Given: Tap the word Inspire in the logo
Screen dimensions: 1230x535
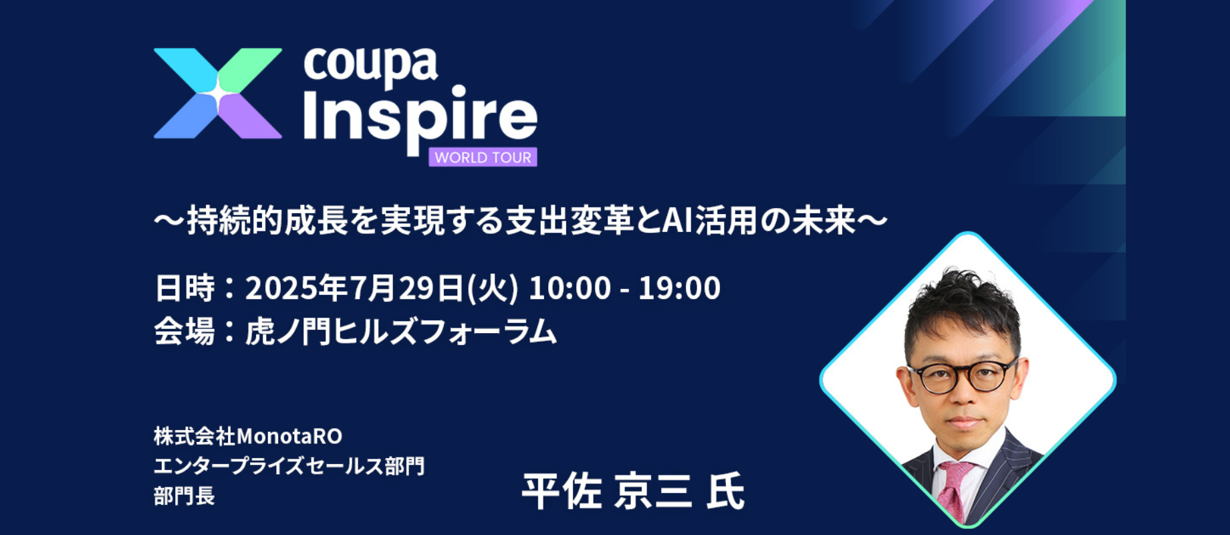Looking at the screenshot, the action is point(420,119).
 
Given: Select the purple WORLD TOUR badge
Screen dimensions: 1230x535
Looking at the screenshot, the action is point(483,157).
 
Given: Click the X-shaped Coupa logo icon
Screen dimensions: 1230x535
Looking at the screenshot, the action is point(218,93).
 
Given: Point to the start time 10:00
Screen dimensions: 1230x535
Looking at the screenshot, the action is point(570,288).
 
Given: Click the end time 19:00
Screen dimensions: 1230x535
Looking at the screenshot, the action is point(679,288).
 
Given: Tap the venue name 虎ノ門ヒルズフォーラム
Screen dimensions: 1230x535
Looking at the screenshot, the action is point(401,331).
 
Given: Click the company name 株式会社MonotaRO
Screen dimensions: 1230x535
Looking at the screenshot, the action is point(248,436).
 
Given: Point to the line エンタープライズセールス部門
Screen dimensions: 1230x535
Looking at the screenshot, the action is point(289,465).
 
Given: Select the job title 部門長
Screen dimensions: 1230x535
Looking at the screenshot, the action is point(184,496).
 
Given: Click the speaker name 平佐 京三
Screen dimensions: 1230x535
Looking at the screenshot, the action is point(607,492).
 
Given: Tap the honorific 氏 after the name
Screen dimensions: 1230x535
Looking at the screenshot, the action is point(725,492).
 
